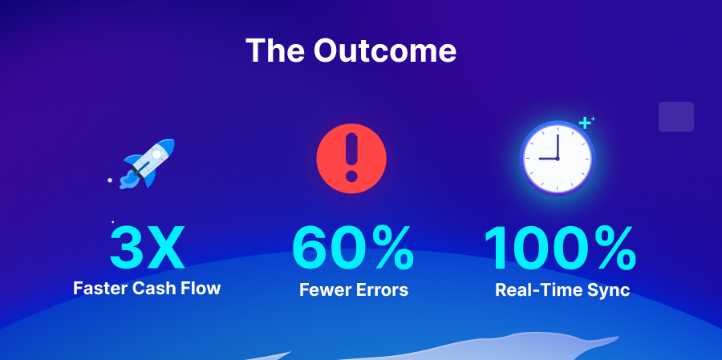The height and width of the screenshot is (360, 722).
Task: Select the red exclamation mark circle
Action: (x=351, y=158)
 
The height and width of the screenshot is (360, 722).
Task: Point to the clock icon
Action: (x=557, y=157)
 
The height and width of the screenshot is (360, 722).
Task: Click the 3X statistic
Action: (x=147, y=248)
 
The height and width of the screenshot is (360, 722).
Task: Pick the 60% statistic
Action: (x=353, y=248)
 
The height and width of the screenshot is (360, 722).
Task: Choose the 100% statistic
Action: (x=560, y=248)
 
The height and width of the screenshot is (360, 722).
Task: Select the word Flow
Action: (x=201, y=288)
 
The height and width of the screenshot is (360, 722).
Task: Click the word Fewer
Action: (x=324, y=289)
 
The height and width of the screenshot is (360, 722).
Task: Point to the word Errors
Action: (x=381, y=289)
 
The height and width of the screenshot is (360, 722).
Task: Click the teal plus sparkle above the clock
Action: (x=586, y=123)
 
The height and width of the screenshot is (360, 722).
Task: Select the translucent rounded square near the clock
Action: (x=675, y=116)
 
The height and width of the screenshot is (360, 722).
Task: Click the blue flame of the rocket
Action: (x=128, y=180)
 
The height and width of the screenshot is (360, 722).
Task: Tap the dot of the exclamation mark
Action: (x=351, y=176)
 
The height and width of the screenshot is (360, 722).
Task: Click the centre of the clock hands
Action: (x=557, y=158)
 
